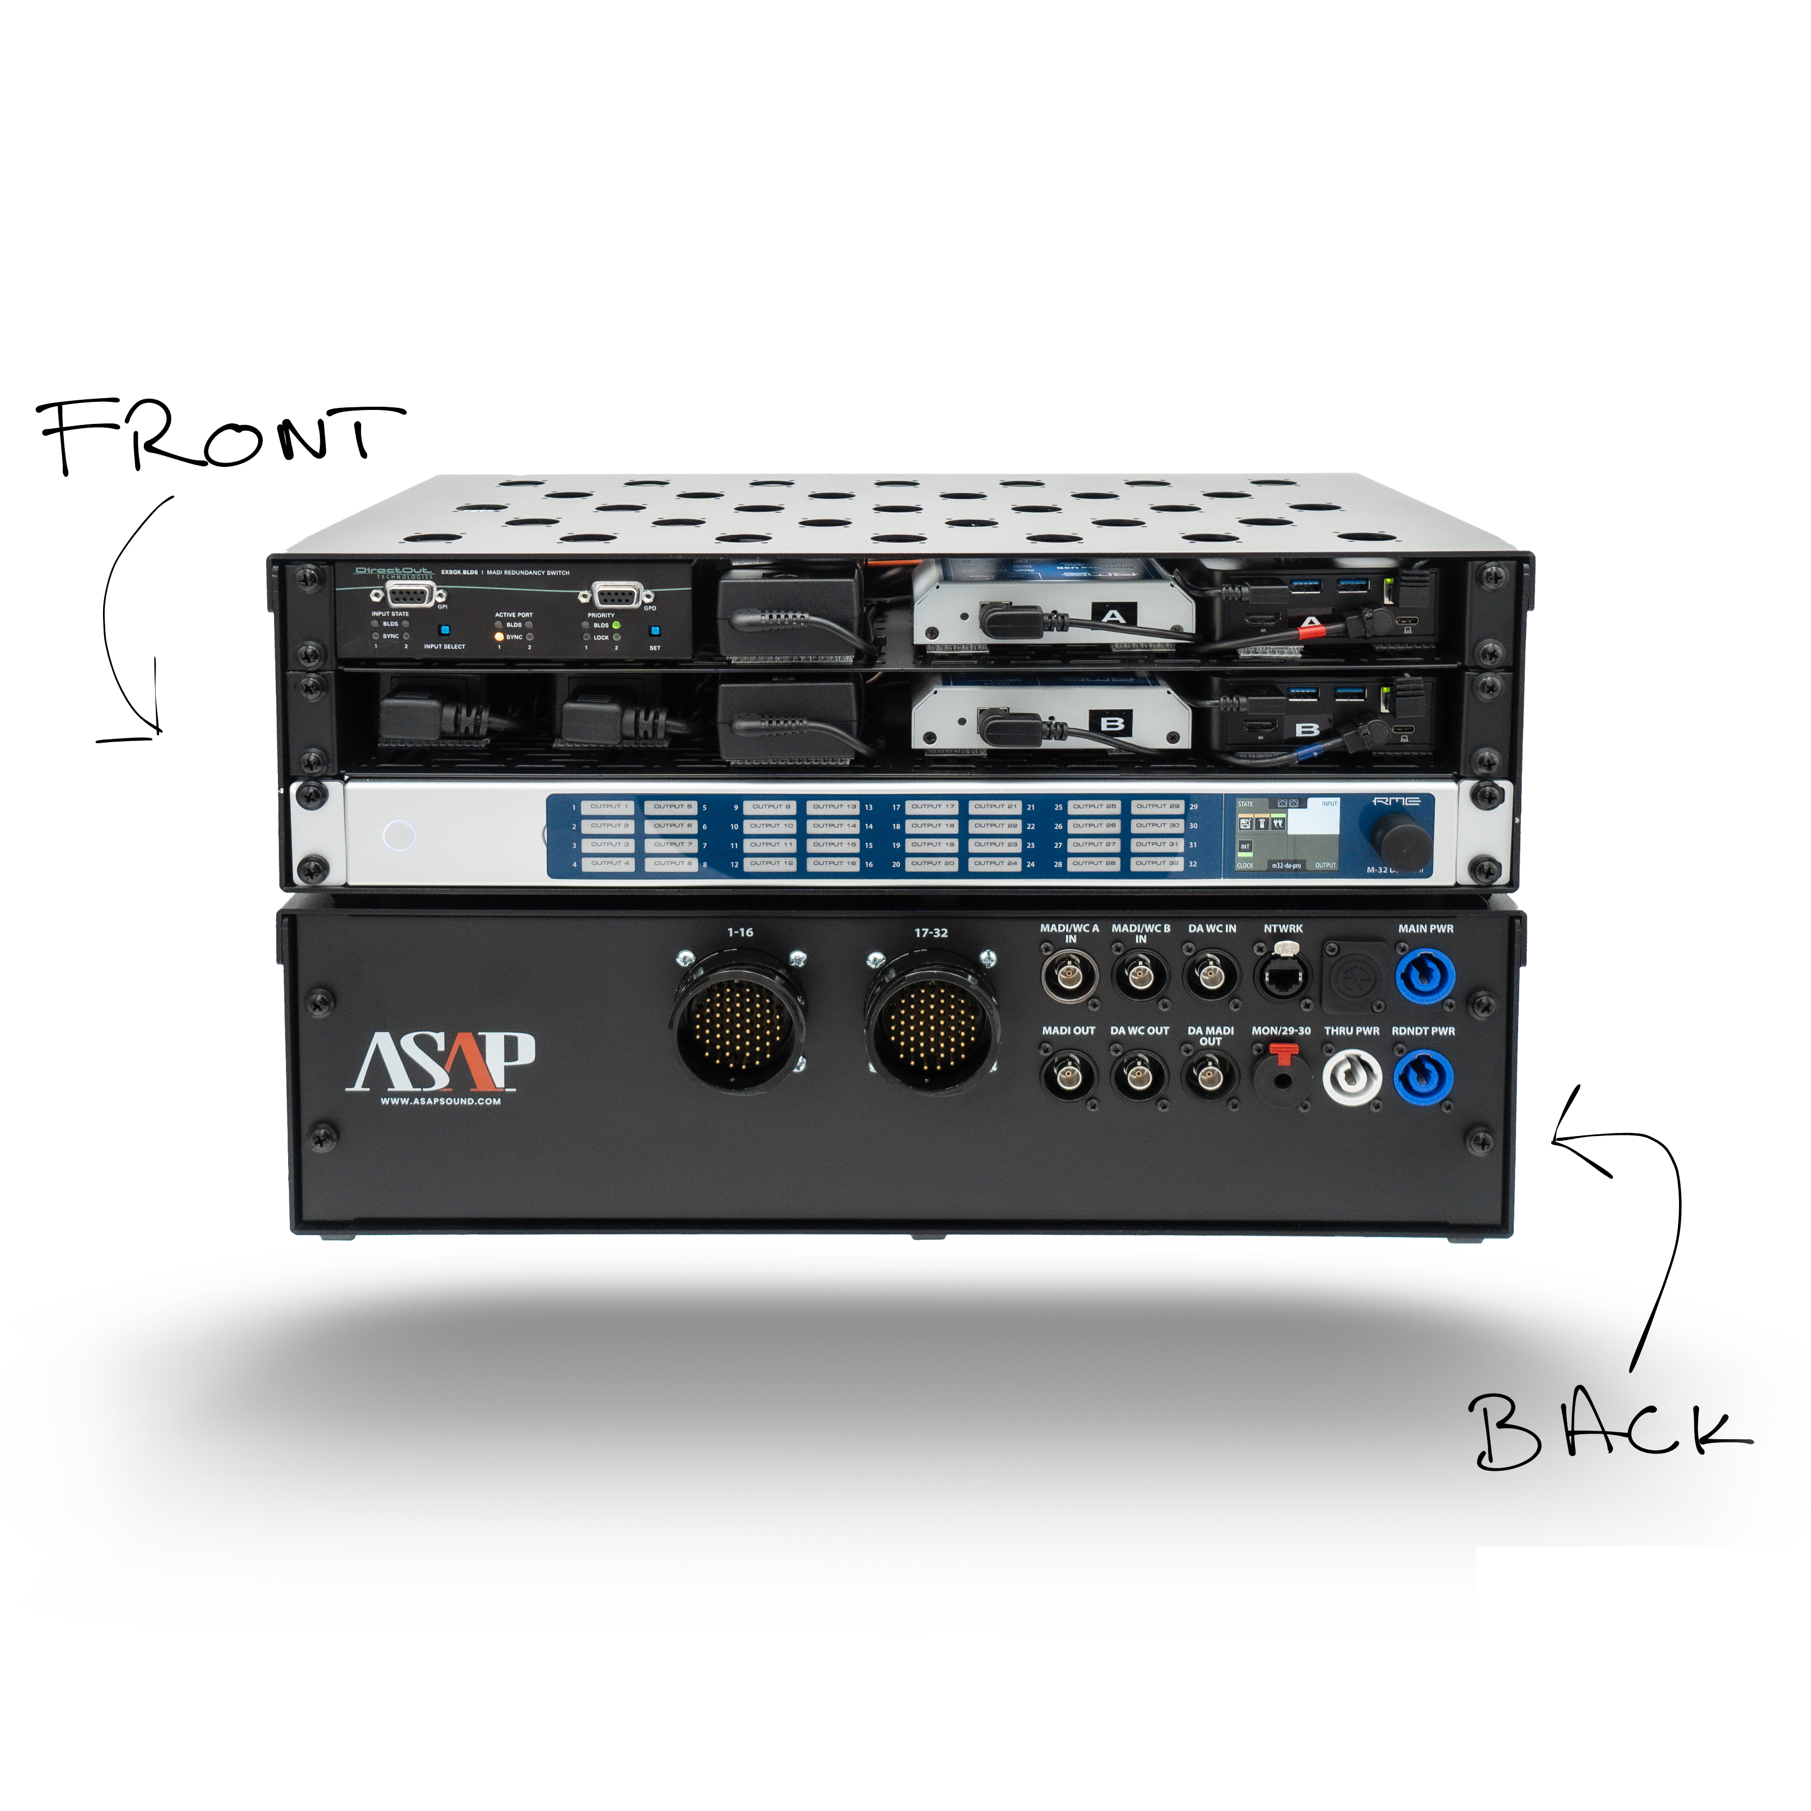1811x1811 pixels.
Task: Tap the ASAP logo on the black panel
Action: coord(441,1062)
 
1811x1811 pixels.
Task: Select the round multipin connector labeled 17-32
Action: coord(931,1024)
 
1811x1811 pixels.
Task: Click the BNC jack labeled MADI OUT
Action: coord(1068,1076)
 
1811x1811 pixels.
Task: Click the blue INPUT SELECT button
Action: coord(444,630)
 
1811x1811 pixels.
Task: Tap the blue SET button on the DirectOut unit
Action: coord(654,631)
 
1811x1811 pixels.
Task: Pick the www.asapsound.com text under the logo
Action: coord(441,1102)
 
